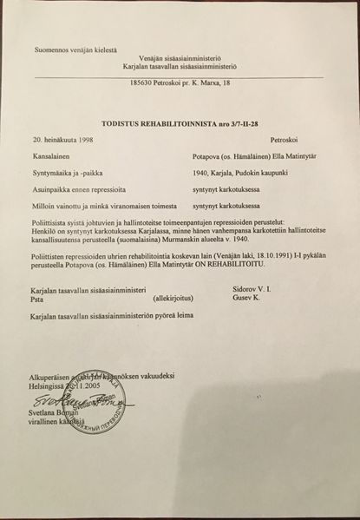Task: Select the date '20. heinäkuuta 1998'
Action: (63, 139)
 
